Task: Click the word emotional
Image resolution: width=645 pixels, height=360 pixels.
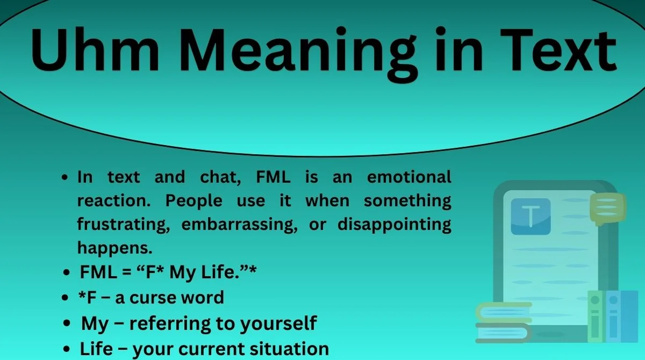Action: point(408,177)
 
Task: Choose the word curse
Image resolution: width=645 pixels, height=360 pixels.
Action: point(165,297)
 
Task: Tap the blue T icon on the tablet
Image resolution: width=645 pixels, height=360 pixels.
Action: point(531,216)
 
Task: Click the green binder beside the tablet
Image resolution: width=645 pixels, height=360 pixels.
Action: point(596,317)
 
